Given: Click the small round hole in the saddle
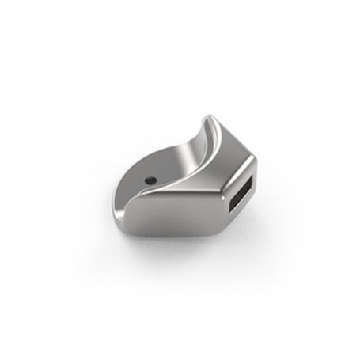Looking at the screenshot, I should pyautogui.click(x=150, y=180).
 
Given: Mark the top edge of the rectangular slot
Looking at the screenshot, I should pyautogui.click(x=244, y=180).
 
